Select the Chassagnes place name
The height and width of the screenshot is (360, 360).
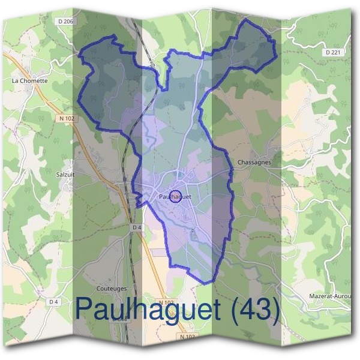(254, 163)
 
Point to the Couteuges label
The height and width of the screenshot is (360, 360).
(112, 288)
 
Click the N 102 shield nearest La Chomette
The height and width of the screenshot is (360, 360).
(67, 119)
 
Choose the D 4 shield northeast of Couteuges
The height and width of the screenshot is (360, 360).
(137, 227)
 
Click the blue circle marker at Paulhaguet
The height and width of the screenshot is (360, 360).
(176, 196)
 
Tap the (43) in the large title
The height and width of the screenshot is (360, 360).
(256, 309)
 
